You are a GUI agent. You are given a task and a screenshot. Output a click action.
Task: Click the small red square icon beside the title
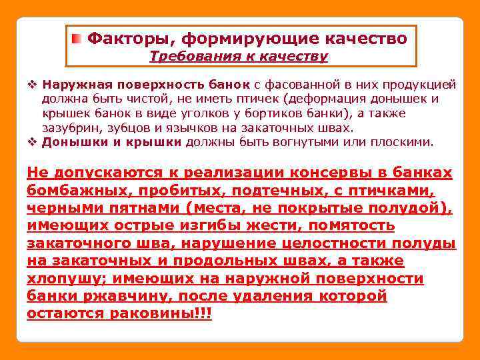(77, 39)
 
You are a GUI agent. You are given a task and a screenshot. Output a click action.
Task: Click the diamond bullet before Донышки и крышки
(31, 141)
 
